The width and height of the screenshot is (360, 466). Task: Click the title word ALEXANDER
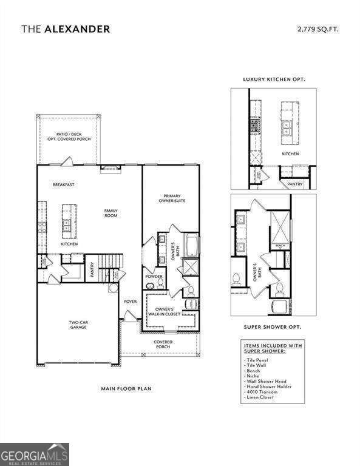click(x=77, y=29)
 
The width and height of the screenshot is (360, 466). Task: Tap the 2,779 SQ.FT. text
click(x=318, y=29)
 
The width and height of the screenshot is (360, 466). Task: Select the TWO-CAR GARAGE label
click(x=78, y=325)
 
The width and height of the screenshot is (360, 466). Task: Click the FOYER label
click(x=131, y=302)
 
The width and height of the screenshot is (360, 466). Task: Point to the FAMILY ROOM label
click(x=110, y=213)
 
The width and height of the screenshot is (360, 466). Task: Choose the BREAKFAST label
click(x=63, y=184)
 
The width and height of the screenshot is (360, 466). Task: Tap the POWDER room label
click(x=154, y=276)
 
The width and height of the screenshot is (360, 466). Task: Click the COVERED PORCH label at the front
click(x=163, y=344)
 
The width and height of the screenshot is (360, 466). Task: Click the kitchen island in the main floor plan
click(x=66, y=223)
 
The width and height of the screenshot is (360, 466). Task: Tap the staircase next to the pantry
click(x=110, y=262)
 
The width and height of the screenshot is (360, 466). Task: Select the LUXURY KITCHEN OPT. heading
click(x=273, y=79)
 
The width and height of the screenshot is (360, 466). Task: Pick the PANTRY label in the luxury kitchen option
click(x=294, y=183)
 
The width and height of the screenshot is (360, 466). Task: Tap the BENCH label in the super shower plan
click(x=280, y=246)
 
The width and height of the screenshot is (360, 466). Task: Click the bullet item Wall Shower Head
click(x=268, y=381)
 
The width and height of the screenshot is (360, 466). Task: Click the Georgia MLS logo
click(x=35, y=454)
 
